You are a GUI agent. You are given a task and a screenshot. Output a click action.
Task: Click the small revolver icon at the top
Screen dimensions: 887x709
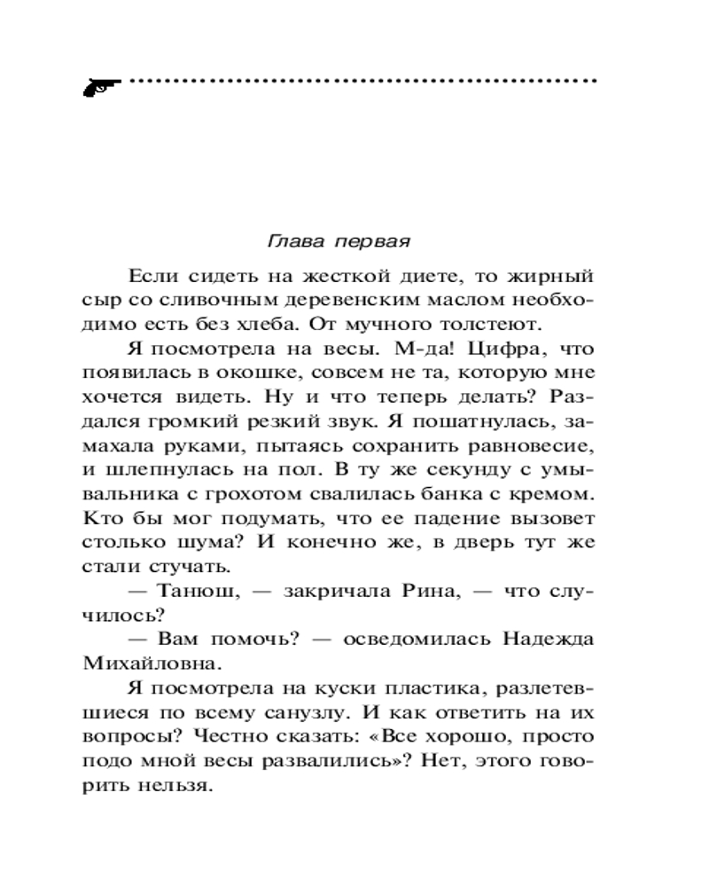[x=100, y=85]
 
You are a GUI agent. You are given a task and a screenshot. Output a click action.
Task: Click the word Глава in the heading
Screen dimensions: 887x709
[x=287, y=241]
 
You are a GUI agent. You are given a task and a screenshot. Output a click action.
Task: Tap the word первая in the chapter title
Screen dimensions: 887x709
[x=364, y=241]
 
